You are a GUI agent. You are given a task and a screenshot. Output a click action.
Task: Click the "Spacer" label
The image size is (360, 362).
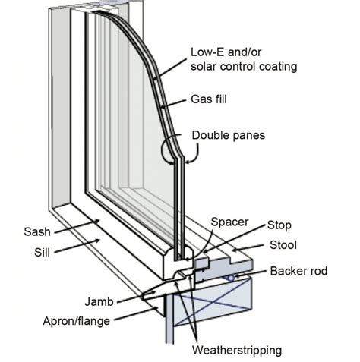pyautogui.click(x=229, y=222)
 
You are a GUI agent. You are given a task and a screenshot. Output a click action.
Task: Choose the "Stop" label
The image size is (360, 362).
pyautogui.click(x=278, y=226)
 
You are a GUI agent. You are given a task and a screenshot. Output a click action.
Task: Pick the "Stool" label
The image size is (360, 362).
pyautogui.click(x=285, y=245)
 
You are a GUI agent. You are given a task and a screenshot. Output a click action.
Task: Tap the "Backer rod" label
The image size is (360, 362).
pyautogui.click(x=297, y=272)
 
